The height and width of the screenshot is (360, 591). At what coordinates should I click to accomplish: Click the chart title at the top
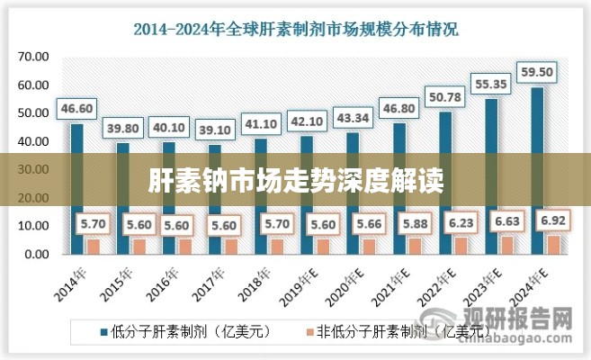point(296,28)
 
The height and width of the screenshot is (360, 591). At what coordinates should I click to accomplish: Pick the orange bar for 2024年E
point(553,244)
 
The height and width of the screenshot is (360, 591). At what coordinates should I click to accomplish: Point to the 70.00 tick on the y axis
point(33,57)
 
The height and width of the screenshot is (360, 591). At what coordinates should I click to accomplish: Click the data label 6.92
point(552,220)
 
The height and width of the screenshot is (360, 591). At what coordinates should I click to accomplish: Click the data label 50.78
point(444,97)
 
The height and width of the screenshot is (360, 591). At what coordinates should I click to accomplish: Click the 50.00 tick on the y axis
point(33,113)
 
